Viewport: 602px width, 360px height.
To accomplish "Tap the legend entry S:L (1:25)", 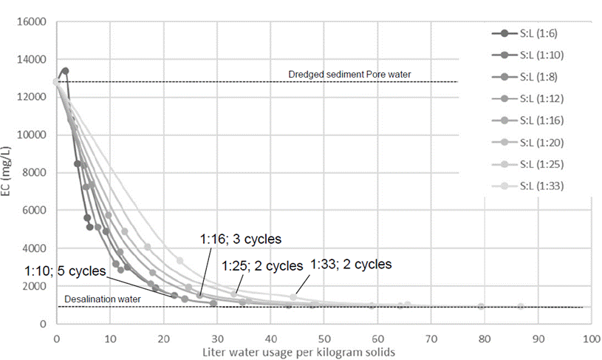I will tap(543, 163).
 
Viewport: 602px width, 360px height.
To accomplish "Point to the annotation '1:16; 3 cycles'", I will tap(241, 240).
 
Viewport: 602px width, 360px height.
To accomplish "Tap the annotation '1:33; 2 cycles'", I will tap(351, 264).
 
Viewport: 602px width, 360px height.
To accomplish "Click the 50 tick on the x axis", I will tap(324, 336).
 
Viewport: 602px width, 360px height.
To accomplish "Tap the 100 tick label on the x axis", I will tap(590, 336).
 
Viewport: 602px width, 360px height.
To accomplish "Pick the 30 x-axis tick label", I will tap(216, 336).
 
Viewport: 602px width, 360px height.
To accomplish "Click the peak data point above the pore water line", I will tap(65, 71).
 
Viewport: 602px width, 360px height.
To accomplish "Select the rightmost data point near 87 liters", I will tap(521, 306).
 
